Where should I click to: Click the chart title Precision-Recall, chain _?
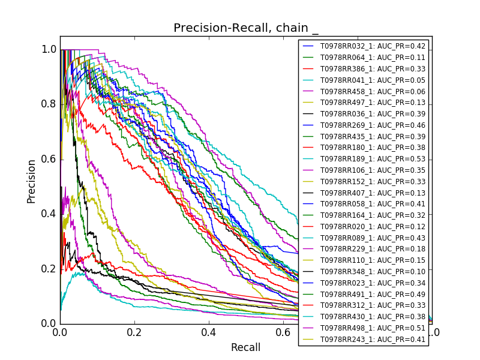246,28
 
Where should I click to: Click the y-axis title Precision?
31,181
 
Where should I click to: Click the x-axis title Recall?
246,347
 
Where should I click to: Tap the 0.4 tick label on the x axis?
209,331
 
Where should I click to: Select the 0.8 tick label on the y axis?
50,104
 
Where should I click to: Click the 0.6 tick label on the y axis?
50,159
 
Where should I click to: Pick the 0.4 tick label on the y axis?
50,214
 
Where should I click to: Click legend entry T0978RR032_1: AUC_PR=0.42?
373,46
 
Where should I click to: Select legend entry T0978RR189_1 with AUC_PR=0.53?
373,158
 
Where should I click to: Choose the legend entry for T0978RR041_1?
373,80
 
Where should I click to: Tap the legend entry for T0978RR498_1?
373,328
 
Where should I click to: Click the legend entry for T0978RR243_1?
373,340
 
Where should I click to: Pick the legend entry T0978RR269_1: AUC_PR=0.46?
373,125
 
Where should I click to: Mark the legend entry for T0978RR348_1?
373,272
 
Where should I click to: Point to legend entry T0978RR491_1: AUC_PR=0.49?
373,294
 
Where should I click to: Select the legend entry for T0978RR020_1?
373,226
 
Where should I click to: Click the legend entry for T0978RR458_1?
373,91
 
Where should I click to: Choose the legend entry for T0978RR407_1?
373,193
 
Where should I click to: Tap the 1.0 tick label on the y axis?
50,49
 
